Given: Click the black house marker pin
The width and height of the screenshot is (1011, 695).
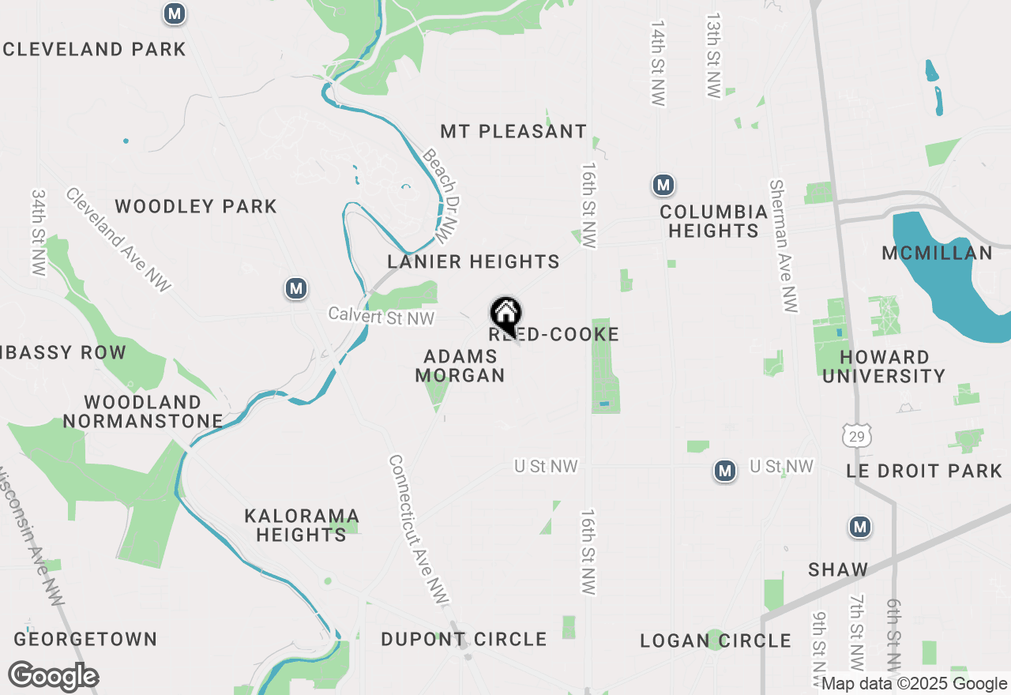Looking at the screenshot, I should pyautogui.click(x=505, y=315).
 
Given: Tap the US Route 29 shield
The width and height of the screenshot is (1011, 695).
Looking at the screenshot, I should pyautogui.click(x=857, y=434).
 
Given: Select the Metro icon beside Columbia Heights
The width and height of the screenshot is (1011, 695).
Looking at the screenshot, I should pyautogui.click(x=663, y=186).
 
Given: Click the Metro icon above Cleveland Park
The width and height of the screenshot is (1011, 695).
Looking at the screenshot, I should pyautogui.click(x=175, y=13).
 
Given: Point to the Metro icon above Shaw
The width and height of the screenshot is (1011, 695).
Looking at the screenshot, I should pyautogui.click(x=860, y=527).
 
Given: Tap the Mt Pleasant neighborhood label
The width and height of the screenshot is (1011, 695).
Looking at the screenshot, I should pyautogui.click(x=513, y=131).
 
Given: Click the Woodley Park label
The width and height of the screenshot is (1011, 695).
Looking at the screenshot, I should pyautogui.click(x=196, y=207).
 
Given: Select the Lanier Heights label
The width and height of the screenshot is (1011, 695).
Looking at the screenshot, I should pyautogui.click(x=473, y=261).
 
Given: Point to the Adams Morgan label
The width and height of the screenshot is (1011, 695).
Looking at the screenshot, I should pyautogui.click(x=460, y=366).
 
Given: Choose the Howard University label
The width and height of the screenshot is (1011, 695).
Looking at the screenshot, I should pyautogui.click(x=884, y=366).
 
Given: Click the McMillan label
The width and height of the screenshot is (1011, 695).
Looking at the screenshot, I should pyautogui.click(x=937, y=254).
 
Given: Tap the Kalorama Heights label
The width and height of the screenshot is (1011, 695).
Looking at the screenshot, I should pyautogui.click(x=302, y=525).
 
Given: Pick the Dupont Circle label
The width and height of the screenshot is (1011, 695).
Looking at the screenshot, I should pyautogui.click(x=464, y=639).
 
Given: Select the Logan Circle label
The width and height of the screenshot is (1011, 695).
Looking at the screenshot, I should pyautogui.click(x=716, y=641).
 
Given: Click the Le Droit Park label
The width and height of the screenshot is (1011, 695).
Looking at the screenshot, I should pyautogui.click(x=924, y=471).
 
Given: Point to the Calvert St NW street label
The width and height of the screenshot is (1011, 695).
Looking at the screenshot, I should pyautogui.click(x=381, y=317).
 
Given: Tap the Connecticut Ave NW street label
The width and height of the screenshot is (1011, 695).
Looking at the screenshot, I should pyautogui.click(x=419, y=532).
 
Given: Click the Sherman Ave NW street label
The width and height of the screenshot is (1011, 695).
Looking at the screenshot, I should pyautogui.click(x=783, y=244).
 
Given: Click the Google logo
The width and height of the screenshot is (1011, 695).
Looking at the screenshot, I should pyautogui.click(x=53, y=677).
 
